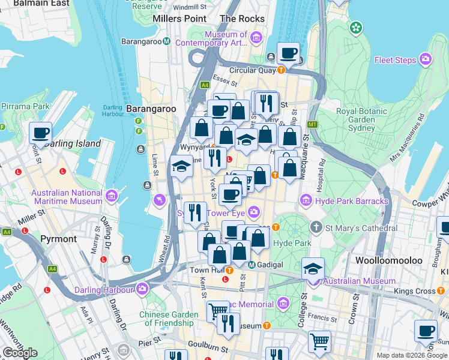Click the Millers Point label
click(x=179, y=19)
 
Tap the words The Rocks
click(x=243, y=19)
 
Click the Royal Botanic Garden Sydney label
click(x=363, y=120)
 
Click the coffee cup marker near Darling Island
click(x=40, y=132)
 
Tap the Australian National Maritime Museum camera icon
click(x=111, y=196)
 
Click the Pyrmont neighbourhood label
click(x=58, y=239)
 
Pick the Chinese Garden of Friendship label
click(x=169, y=319)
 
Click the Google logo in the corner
click(x=20, y=353)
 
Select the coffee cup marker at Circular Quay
click(x=289, y=53)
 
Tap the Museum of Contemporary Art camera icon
click(x=256, y=39)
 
